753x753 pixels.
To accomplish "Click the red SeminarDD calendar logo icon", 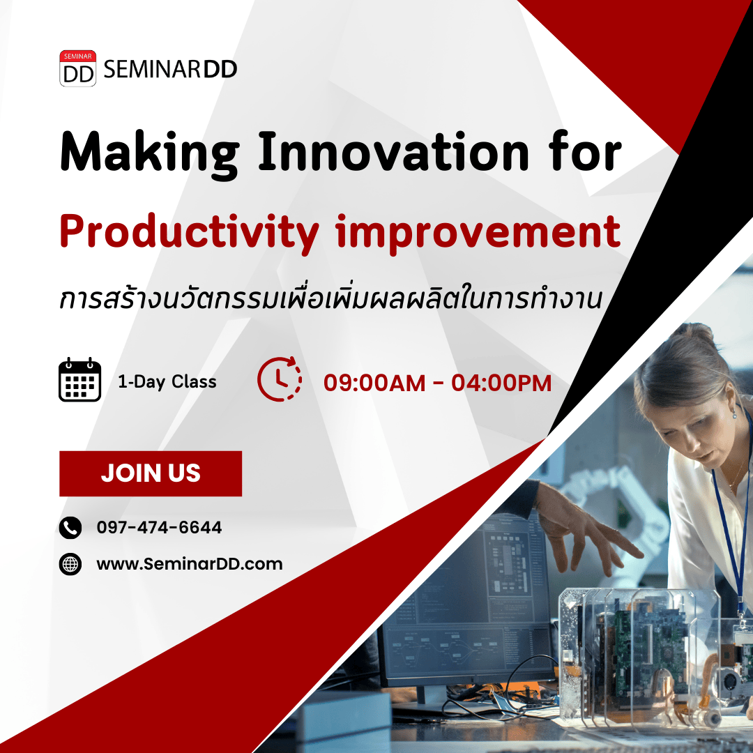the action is (x=78, y=68).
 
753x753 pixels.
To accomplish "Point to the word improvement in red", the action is (x=478, y=234).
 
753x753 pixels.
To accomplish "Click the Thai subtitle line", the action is (x=330, y=298).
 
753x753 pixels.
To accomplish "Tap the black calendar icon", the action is (x=79, y=379).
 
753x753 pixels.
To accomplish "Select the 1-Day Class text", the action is (x=167, y=382).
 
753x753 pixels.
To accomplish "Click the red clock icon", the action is (x=280, y=379).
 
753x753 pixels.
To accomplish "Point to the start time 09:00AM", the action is (x=374, y=383).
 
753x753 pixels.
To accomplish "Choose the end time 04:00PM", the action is (x=501, y=383).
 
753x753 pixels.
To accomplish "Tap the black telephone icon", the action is (x=70, y=528).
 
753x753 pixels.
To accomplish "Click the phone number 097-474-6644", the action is (x=160, y=527).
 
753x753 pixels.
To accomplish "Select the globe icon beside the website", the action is (x=70, y=564).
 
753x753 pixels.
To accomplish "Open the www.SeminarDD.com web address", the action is (x=190, y=564).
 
